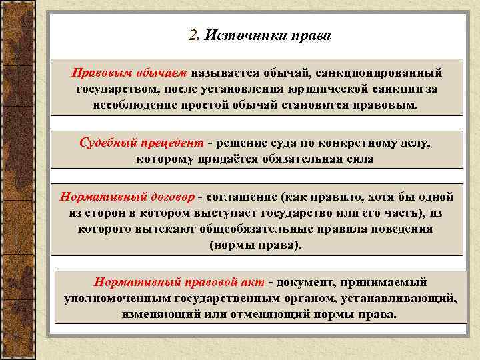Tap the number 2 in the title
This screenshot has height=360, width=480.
pos(193,35)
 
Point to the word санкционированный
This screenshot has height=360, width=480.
pos(379,72)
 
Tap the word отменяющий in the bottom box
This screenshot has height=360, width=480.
pos(253,313)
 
